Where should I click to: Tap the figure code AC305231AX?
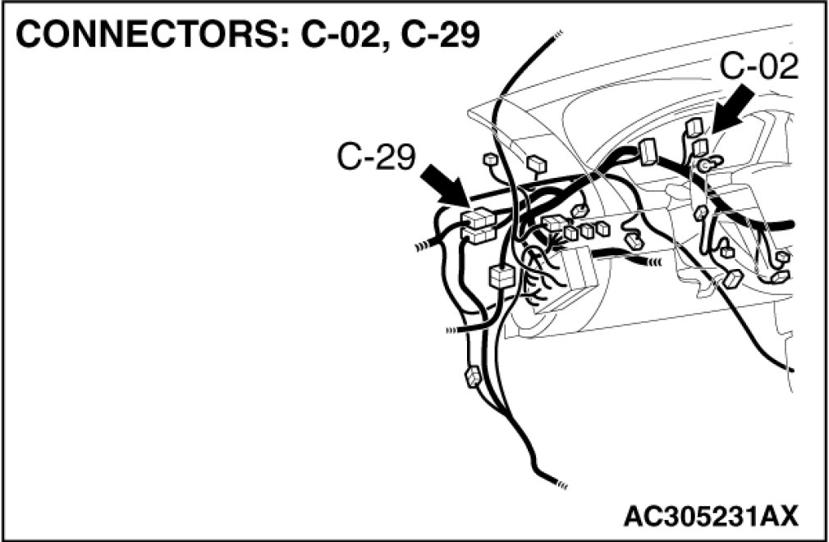click(711, 516)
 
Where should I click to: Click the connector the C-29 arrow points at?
click(478, 219)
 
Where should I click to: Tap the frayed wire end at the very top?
click(558, 34)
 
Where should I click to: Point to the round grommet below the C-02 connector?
click(705, 166)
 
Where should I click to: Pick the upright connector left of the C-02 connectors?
click(648, 151)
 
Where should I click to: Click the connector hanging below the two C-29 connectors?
click(501, 276)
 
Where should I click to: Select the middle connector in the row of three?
click(587, 231)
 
